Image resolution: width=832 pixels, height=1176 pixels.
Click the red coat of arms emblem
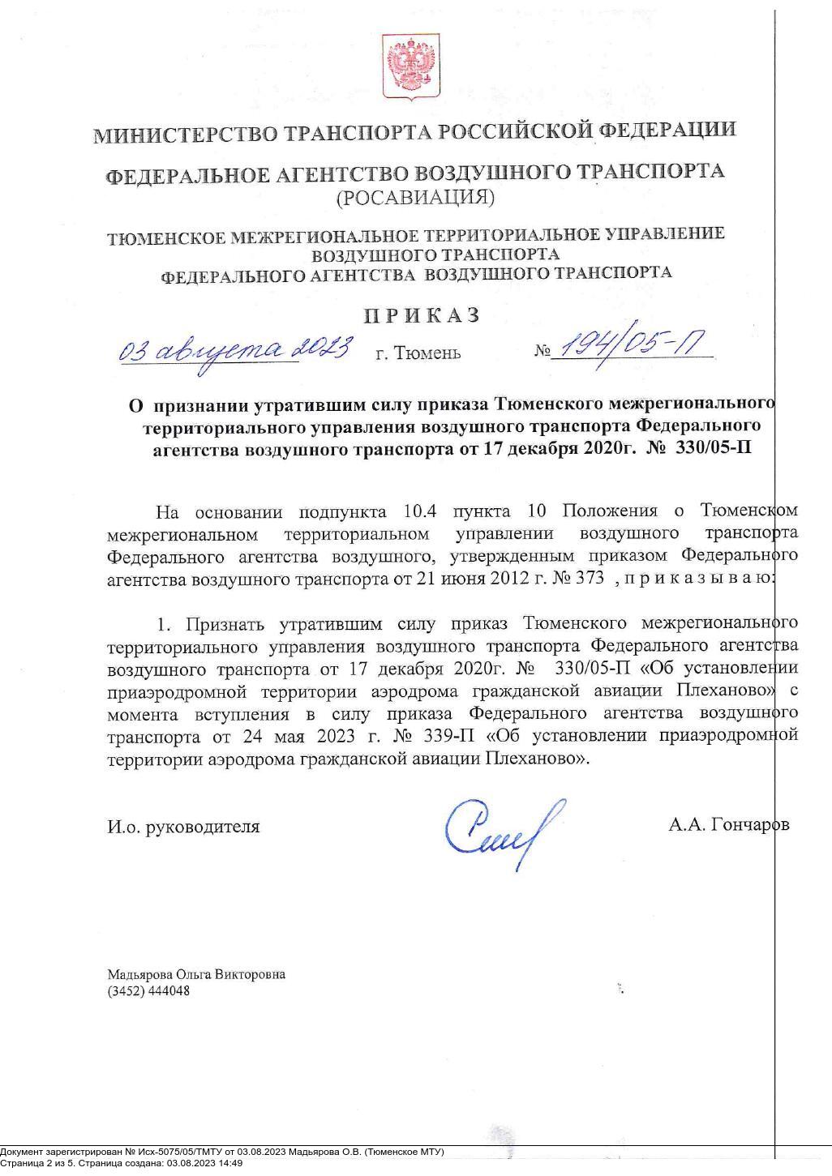click(x=411, y=67)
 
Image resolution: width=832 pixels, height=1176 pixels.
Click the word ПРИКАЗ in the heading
click(x=421, y=315)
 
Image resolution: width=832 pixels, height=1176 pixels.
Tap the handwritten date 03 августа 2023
click(x=235, y=349)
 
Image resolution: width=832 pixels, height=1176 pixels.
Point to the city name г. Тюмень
click(x=418, y=353)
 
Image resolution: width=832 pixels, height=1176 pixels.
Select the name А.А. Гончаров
click(x=728, y=825)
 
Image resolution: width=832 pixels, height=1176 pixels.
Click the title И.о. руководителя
click(x=184, y=827)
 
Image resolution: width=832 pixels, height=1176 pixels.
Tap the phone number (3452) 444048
click(x=148, y=990)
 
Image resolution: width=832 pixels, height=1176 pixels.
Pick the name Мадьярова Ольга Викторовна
click(x=196, y=974)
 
